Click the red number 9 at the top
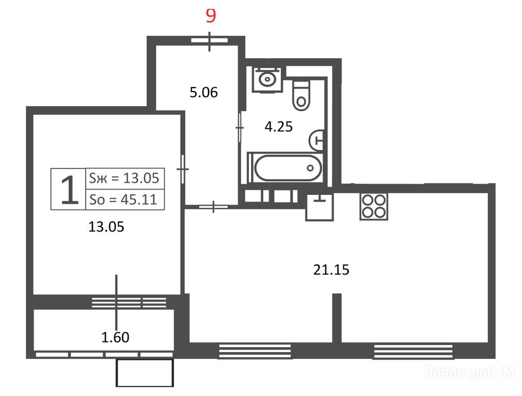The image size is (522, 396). pyautogui.click(x=211, y=15)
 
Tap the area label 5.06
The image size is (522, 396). pyautogui.click(x=203, y=92)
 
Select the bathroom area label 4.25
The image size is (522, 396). pyautogui.click(x=278, y=126)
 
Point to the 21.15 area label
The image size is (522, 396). pyautogui.click(x=331, y=269)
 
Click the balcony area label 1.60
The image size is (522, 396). pyautogui.click(x=115, y=337)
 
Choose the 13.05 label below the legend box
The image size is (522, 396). pyautogui.click(x=106, y=227)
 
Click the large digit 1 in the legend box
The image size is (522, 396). pyautogui.click(x=69, y=190)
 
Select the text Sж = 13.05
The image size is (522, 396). pyautogui.click(x=124, y=178)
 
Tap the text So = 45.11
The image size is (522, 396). pyautogui.click(x=123, y=200)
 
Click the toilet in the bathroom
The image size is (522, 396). pyautogui.click(x=301, y=95)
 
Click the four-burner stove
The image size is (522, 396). pyautogui.click(x=373, y=206)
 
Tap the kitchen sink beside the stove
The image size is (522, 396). pyautogui.click(x=320, y=207)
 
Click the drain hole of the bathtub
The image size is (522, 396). pyautogui.click(x=310, y=168)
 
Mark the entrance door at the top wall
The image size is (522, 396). pyautogui.click(x=210, y=41)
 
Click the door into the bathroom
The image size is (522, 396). pyautogui.click(x=240, y=128)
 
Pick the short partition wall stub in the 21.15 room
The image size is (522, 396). pyautogui.click(x=337, y=318)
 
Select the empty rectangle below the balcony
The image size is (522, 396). pyautogui.click(x=145, y=373)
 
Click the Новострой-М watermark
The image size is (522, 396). pyautogui.click(x=469, y=372)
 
